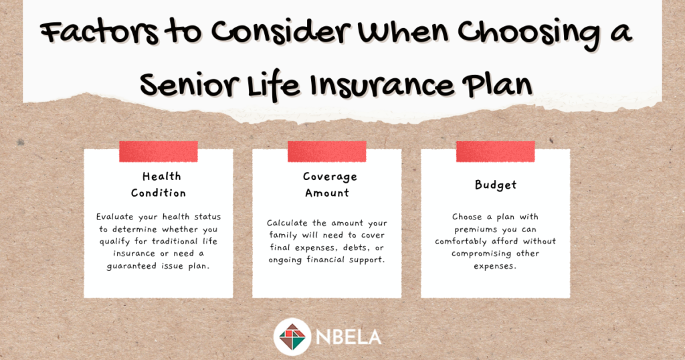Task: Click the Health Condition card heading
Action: pyautogui.click(x=159, y=185)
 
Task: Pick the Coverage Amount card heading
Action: pyautogui.click(x=329, y=185)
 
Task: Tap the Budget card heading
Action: pyautogui.click(x=496, y=185)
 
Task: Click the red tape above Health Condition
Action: pyautogui.click(x=159, y=151)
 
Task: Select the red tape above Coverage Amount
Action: pyautogui.click(x=326, y=151)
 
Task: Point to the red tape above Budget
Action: pyautogui.click(x=496, y=151)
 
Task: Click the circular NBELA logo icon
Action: pyautogui.click(x=292, y=337)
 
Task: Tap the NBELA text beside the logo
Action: pyautogui.click(x=349, y=337)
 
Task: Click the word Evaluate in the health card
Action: pyautogui.click(x=115, y=217)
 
